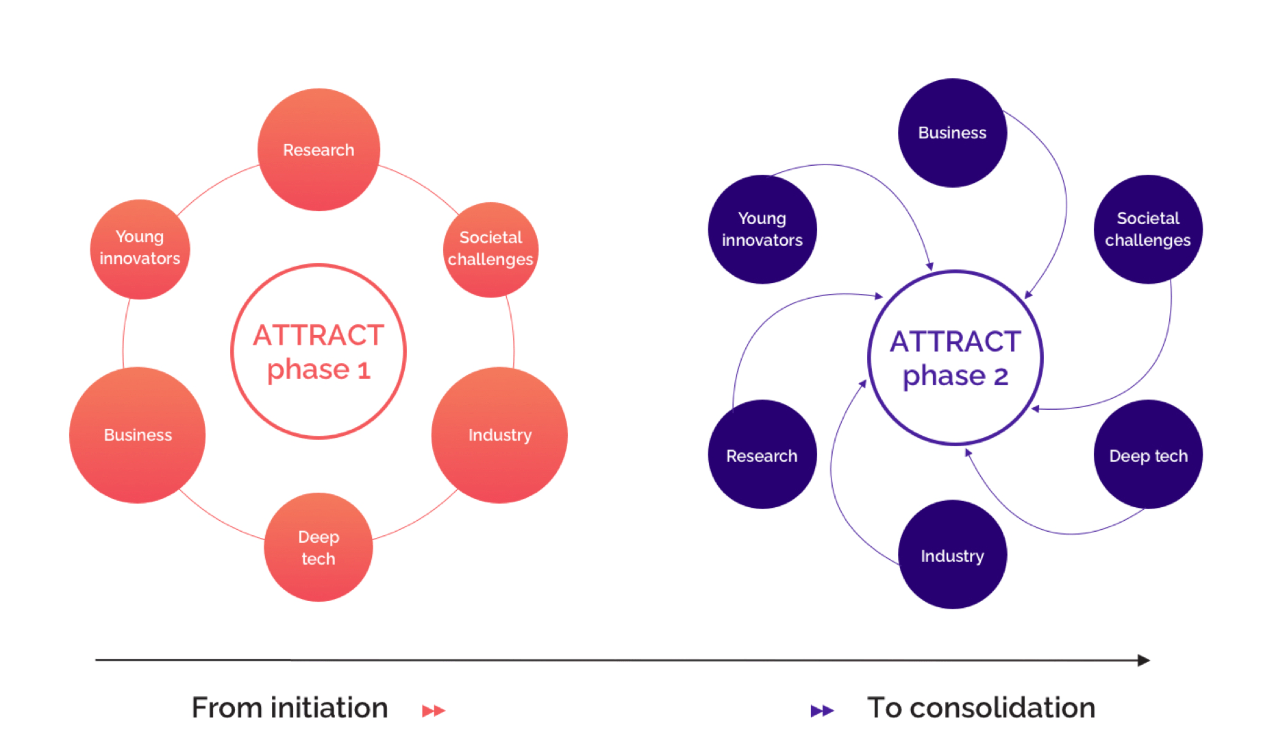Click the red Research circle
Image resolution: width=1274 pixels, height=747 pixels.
point(318,149)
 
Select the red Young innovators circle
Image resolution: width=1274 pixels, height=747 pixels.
point(140,249)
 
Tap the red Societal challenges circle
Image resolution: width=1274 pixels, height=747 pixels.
point(490,249)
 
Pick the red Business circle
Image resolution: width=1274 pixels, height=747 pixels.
point(138,435)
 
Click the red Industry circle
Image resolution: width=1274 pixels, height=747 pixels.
point(499,435)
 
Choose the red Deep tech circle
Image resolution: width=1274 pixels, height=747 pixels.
point(318,547)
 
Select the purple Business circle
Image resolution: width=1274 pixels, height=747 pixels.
point(952,133)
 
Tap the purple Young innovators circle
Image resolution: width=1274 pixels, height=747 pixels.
point(762,229)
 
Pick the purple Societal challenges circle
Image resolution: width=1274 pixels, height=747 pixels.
point(1148,229)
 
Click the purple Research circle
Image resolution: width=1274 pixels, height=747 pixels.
point(762,454)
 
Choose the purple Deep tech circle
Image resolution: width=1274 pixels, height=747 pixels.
point(1148,454)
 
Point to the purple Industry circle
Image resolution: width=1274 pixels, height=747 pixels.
point(952,554)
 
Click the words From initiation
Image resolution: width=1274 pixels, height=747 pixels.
point(290,708)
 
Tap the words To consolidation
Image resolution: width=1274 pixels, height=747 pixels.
point(981,708)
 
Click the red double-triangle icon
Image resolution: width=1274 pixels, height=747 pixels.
point(434,711)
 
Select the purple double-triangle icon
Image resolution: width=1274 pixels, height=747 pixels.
point(822,711)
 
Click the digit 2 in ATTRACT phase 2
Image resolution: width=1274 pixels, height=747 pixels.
point(1001,377)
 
